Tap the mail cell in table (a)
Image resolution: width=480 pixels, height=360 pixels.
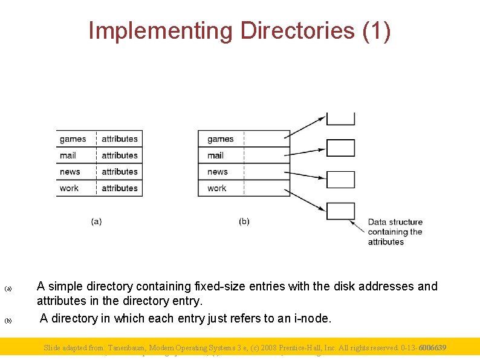[68, 155]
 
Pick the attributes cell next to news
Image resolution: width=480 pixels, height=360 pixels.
[120, 172]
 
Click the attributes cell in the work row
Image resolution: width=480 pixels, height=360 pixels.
[120, 188]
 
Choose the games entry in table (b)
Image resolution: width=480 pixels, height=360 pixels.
[220, 139]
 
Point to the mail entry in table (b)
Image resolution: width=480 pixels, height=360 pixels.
[215, 155]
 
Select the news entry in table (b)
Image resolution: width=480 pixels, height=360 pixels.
[218, 172]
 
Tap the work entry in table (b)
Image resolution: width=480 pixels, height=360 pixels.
[216, 188]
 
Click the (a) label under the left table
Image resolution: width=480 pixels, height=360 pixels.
[96, 221]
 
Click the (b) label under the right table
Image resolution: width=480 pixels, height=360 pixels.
[244, 221]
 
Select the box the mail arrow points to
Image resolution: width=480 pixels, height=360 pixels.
[340, 148]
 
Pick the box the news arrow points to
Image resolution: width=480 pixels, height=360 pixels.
[340, 180]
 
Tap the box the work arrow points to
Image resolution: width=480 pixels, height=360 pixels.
[340, 211]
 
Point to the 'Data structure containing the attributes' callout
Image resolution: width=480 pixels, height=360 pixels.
[395, 232]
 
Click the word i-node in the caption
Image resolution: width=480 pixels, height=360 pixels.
[310, 318]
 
